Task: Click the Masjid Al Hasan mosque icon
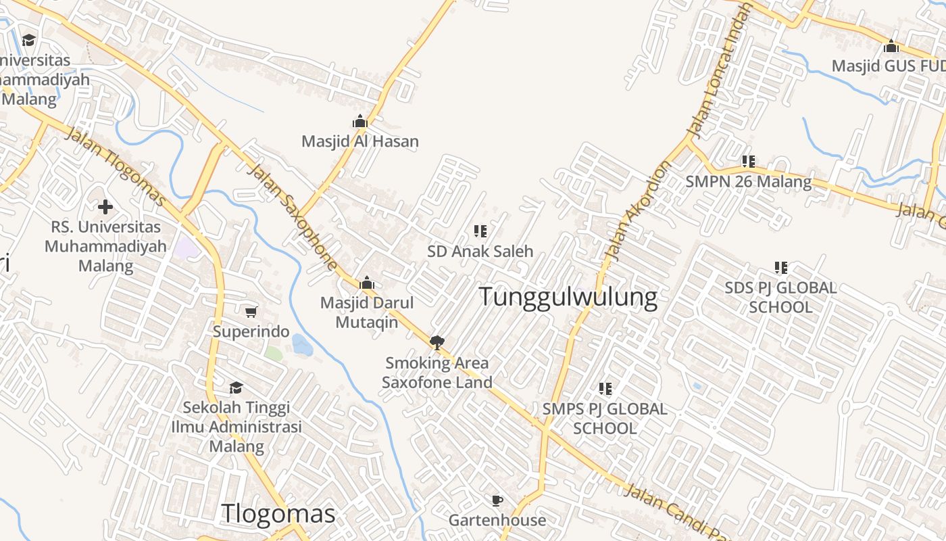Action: pyautogui.click(x=360, y=122)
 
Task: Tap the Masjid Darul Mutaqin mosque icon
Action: pyautogui.click(x=367, y=283)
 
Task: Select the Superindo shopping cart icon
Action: pyautogui.click(x=251, y=312)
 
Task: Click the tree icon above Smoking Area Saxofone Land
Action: pyautogui.click(x=437, y=342)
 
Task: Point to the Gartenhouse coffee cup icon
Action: pyautogui.click(x=497, y=500)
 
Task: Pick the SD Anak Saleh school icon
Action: pyautogui.click(x=480, y=231)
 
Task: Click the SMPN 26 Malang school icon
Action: pyautogui.click(x=748, y=162)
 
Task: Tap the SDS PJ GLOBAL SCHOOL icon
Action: pyautogui.click(x=781, y=268)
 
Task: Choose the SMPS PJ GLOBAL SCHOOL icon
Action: pyautogui.click(x=605, y=389)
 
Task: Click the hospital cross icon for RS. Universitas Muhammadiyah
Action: pyautogui.click(x=105, y=206)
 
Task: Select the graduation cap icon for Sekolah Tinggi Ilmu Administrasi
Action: pyautogui.click(x=236, y=387)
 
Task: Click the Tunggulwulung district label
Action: pyautogui.click(x=568, y=297)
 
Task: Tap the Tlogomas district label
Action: pyautogui.click(x=278, y=514)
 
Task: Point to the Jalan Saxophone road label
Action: pyautogui.click(x=293, y=216)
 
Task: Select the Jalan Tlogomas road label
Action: pyautogui.click(x=116, y=166)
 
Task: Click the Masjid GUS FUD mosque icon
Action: pyautogui.click(x=891, y=47)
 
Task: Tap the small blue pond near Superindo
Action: pyautogui.click(x=302, y=345)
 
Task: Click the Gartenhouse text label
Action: pyautogui.click(x=497, y=520)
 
